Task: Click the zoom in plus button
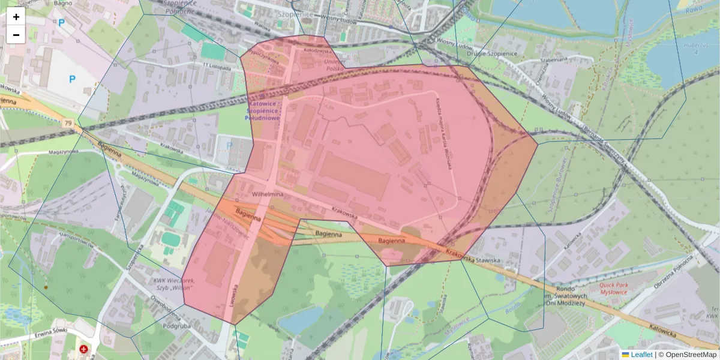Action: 16,17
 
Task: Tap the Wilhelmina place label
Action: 267,195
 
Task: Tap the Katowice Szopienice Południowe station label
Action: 263,110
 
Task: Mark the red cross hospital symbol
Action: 83,349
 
